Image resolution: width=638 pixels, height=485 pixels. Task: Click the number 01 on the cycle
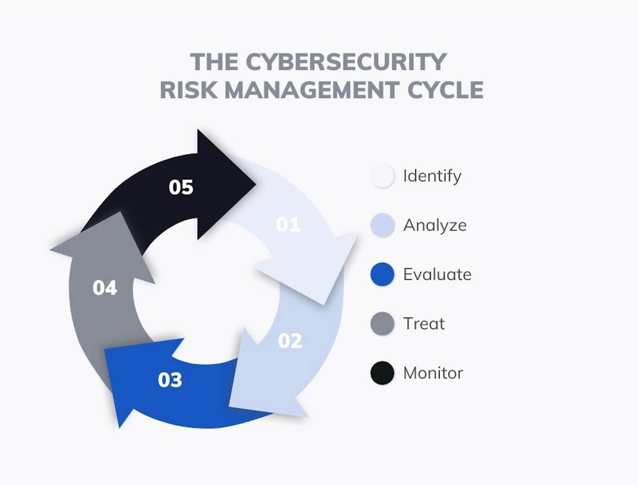(288, 225)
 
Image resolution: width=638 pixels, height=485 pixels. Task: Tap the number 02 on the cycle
(290, 341)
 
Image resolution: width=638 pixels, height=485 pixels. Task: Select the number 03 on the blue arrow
(170, 380)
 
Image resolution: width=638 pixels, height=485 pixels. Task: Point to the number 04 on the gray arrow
(105, 288)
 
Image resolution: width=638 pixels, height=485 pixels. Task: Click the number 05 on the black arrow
(181, 187)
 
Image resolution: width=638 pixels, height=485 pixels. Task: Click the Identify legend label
(432, 176)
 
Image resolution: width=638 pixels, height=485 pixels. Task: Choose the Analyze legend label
(435, 225)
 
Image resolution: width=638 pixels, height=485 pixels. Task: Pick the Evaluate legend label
(437, 275)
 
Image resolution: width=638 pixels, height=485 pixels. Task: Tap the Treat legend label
(424, 324)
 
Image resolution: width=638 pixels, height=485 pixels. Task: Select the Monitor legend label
(433, 373)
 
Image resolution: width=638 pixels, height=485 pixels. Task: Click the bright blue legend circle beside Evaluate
(382, 274)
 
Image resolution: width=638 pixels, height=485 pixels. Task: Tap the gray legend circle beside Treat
(382, 323)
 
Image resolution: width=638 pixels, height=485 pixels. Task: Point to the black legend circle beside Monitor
(382, 373)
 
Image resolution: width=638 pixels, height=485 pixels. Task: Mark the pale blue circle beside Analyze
(382, 225)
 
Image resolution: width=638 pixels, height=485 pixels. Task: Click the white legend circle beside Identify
(382, 176)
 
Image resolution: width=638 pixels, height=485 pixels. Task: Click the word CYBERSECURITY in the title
(346, 62)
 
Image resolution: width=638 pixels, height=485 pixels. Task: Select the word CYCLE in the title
(445, 90)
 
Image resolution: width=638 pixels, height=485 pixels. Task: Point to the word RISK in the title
(189, 90)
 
